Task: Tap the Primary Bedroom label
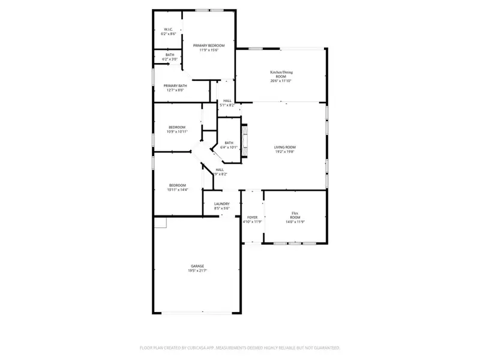tap(208, 46)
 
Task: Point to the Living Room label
tap(285, 147)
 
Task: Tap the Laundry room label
tap(221, 204)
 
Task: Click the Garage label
tap(197, 266)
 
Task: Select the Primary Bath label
tap(175, 86)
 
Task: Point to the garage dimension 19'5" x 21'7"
tap(197, 271)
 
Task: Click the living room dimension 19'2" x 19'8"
tap(285, 152)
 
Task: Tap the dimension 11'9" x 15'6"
tap(208, 50)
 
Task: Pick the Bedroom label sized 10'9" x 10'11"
tap(177, 127)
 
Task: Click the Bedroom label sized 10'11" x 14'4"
tap(177, 185)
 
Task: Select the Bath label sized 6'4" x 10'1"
tap(229, 142)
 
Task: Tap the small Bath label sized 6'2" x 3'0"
tap(170, 55)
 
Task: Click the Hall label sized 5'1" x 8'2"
tap(227, 101)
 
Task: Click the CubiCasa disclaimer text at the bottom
tap(240, 347)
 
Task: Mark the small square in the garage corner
tap(160, 223)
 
